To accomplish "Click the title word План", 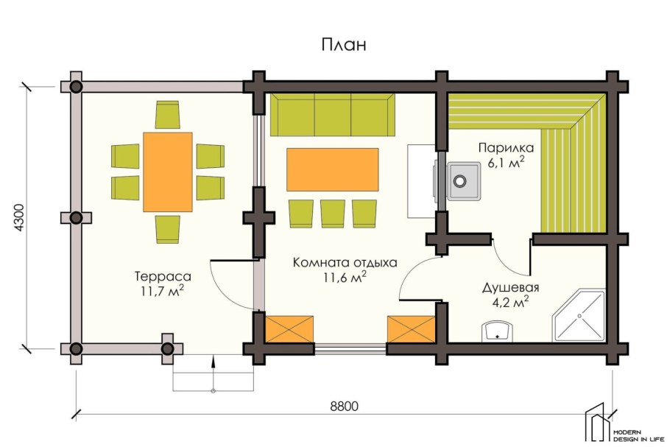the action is pyautogui.click(x=344, y=45).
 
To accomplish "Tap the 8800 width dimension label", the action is pyautogui.click(x=345, y=406).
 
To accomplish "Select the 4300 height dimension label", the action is pyautogui.click(x=20, y=218).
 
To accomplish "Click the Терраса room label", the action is pyautogui.click(x=163, y=276).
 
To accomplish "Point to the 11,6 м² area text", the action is pyautogui.click(x=345, y=278).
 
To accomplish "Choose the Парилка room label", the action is pyautogui.click(x=506, y=148).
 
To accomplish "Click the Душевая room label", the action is pyautogui.click(x=511, y=287).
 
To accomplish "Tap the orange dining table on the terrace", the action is pyautogui.click(x=168, y=172).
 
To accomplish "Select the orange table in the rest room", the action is pyautogui.click(x=333, y=169).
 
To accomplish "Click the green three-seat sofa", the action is pyautogui.click(x=333, y=115).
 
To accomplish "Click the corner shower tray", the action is pyautogui.click(x=579, y=316).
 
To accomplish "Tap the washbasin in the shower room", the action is pyautogui.click(x=498, y=331).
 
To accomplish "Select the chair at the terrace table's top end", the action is pyautogui.click(x=168, y=115).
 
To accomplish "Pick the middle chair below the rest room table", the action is pyautogui.click(x=333, y=214).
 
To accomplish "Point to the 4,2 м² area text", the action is pyautogui.click(x=511, y=302).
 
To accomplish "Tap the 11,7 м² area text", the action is pyautogui.click(x=163, y=291).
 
